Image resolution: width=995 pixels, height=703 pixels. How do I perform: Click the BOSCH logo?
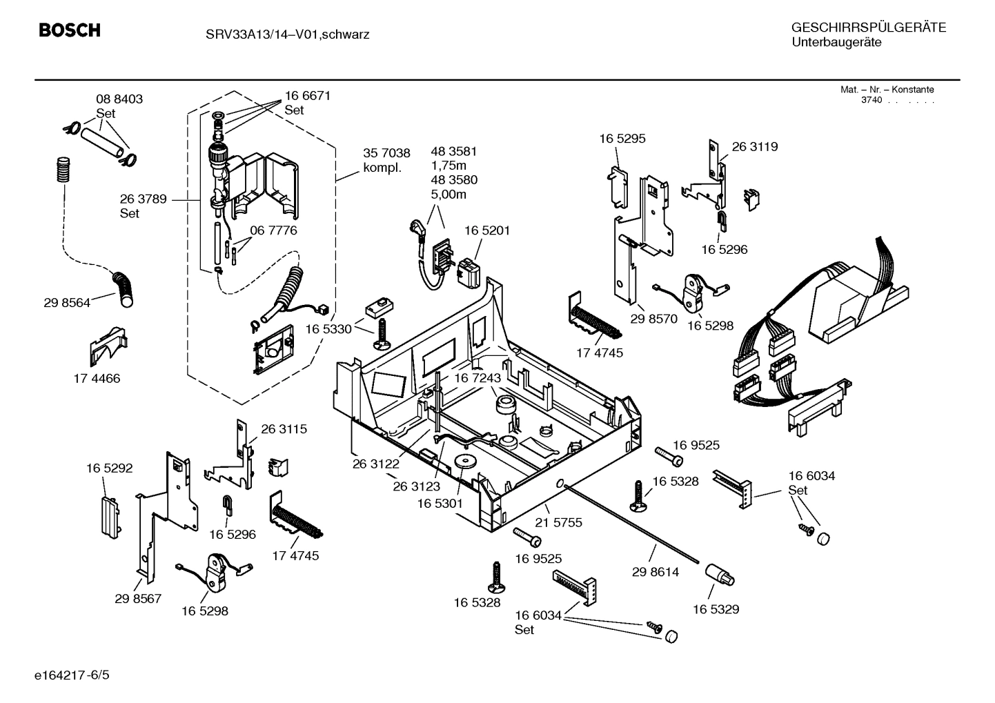(x=69, y=30)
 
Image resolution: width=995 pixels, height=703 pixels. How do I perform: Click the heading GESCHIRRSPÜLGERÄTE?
(x=868, y=28)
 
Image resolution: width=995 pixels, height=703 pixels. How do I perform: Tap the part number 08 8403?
(x=119, y=99)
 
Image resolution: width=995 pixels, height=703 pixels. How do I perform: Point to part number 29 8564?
(x=67, y=303)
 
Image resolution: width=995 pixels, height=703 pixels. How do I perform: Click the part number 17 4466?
(x=97, y=379)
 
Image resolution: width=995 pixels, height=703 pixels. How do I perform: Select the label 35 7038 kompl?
(x=386, y=160)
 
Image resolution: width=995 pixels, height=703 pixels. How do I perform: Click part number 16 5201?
(x=486, y=230)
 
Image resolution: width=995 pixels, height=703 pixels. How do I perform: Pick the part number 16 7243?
(x=477, y=379)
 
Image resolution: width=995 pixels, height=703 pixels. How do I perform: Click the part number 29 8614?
(x=655, y=572)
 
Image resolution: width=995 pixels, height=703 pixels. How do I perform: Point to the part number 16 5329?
(x=716, y=609)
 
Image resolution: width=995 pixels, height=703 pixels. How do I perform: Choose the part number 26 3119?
(x=754, y=147)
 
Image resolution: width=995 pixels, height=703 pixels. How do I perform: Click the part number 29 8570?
(x=653, y=319)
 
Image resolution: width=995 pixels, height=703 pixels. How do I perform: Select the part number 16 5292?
(x=109, y=468)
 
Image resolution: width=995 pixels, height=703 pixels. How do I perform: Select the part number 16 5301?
(x=440, y=504)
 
